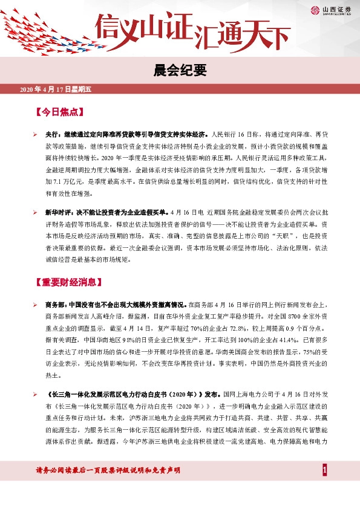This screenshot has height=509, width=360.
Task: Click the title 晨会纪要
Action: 180,71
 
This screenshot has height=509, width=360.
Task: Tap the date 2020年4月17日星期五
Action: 55,89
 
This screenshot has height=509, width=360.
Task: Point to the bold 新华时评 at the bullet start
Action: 59,214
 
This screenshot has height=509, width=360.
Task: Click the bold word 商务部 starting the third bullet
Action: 56,305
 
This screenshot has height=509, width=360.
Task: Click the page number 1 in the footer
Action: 325,470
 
